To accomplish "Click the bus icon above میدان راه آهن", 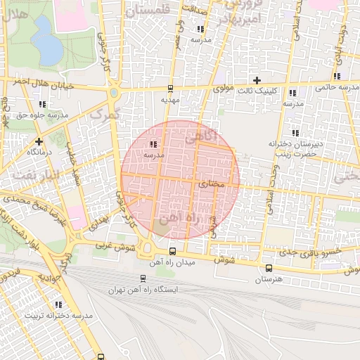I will click(x=173, y=250).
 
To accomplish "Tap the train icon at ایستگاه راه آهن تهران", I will click(x=143, y=278).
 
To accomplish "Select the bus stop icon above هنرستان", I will click(x=269, y=268).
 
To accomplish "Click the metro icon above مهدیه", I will click(x=170, y=89).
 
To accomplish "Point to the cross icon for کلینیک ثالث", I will click(x=257, y=80).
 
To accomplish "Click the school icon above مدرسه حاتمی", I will click(x=337, y=76).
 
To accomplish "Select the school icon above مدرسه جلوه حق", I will click(x=42, y=103).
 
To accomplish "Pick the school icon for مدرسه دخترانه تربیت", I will click(x=58, y=304).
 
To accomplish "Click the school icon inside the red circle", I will click(x=153, y=143).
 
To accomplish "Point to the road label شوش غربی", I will click(x=112, y=247).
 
